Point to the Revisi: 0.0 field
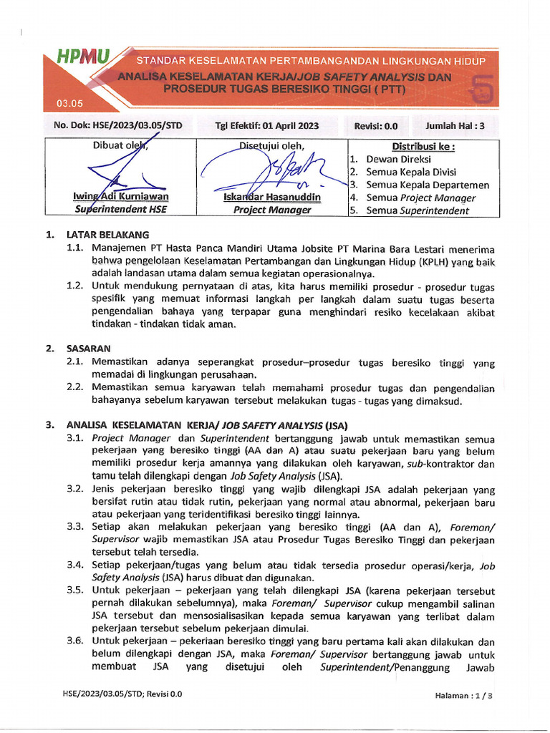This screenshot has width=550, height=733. pyautogui.click(x=376, y=126)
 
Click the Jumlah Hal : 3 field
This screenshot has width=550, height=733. pyautogui.click(x=455, y=126)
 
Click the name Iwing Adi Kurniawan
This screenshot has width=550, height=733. pyautogui.click(x=121, y=197)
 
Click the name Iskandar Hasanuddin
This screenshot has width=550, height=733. pyautogui.click(x=272, y=197)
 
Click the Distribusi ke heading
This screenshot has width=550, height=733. pyautogui.click(x=423, y=147)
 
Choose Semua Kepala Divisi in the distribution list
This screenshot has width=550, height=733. pyautogui.click(x=411, y=173)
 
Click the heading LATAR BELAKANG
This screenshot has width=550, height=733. pyautogui.click(x=107, y=235)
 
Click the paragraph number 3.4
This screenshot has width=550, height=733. pyautogui.click(x=75, y=565)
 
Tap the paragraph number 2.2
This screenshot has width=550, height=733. pyautogui.click(x=75, y=388)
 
